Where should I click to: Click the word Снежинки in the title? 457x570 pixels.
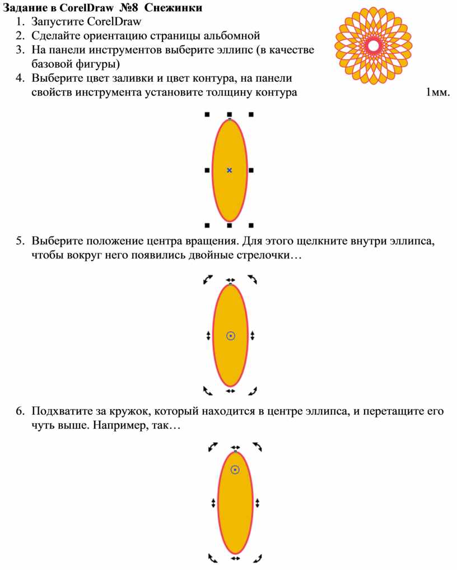coord(173,8)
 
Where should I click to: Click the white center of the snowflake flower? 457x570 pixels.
coord(374,46)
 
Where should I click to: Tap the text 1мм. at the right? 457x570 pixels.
coord(437,92)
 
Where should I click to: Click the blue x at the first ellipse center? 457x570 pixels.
coord(229,170)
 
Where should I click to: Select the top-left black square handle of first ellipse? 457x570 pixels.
coord(207,114)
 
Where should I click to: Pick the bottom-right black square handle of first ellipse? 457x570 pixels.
coord(251,225)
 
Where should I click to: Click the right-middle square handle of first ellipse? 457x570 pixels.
coord(251,170)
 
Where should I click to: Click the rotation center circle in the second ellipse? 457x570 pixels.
coord(231,336)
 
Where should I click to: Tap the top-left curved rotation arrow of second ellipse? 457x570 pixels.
coord(208,279)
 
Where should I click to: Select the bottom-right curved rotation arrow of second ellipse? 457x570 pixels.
coord(253,391)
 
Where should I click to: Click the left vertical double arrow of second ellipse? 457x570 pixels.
coord(208,336)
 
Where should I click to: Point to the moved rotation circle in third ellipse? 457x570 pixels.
coord(235,470)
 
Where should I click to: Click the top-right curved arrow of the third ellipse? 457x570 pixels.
coord(258,447)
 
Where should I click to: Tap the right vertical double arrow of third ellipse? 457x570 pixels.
coord(257,503)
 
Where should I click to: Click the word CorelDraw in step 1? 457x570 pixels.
coord(114,22)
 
